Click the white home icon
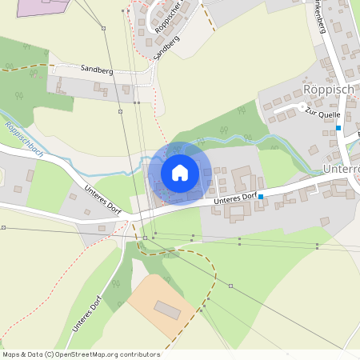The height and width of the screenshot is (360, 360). [180, 173]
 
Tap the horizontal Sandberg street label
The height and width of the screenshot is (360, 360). [97, 70]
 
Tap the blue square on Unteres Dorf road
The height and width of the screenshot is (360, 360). [261, 196]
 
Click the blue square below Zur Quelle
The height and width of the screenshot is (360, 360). [338, 128]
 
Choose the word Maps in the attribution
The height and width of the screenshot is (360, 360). [10, 354]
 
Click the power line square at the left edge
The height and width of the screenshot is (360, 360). [3, 228]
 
